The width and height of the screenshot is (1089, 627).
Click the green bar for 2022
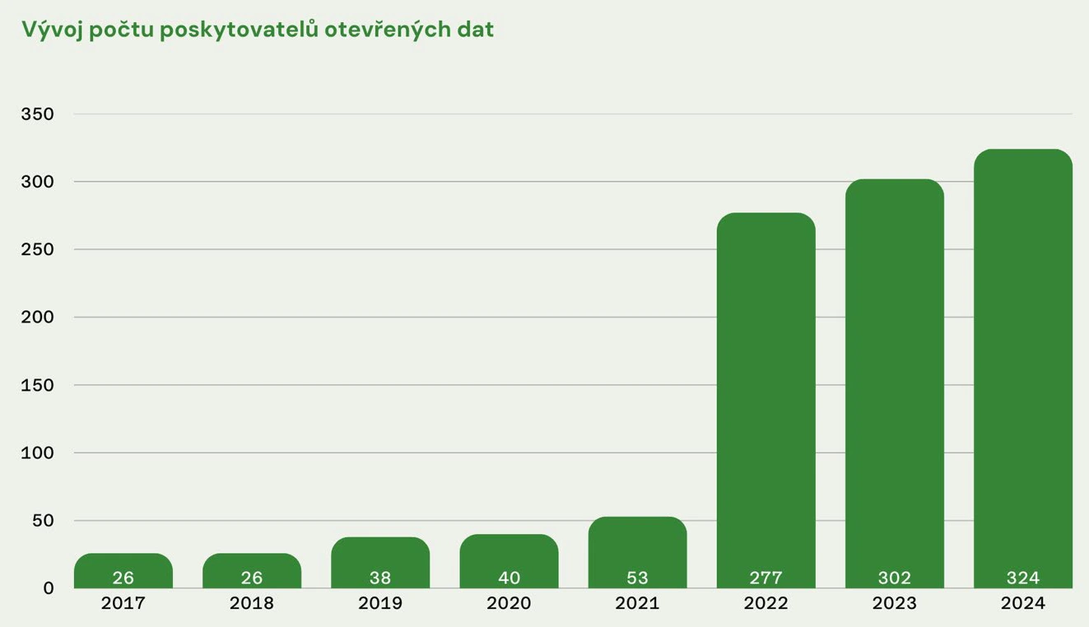(x=766, y=395)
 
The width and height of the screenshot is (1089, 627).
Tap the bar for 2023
(x=894, y=379)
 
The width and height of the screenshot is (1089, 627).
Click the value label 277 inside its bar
(x=766, y=578)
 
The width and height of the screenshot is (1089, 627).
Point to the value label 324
(x=1022, y=578)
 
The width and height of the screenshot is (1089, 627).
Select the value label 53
(x=637, y=578)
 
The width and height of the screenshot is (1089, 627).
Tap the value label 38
(x=380, y=578)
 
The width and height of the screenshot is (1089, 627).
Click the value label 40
(x=509, y=578)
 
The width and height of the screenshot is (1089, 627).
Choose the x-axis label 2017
(x=123, y=603)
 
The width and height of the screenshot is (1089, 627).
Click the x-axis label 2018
(x=251, y=603)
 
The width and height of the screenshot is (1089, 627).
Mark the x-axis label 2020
(x=509, y=603)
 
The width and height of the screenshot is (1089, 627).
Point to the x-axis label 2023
(x=894, y=603)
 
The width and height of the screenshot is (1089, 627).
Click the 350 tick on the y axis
(x=37, y=114)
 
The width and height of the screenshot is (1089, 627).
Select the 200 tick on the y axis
(x=37, y=317)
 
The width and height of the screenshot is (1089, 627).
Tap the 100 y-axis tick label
(x=37, y=453)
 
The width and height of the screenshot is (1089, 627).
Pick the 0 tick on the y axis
(x=49, y=588)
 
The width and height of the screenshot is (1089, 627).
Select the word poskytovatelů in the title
(x=239, y=30)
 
